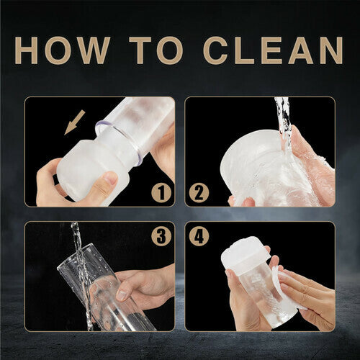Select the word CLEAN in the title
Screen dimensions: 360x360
tap(273, 50)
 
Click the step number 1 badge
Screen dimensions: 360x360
tap(161, 193)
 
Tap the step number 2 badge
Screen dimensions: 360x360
tap(199, 193)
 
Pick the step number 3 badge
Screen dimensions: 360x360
tap(161, 236)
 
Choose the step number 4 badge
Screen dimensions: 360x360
tap(199, 236)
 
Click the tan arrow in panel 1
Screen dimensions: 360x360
tap(75, 122)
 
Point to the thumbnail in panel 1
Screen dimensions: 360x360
tap(110, 179)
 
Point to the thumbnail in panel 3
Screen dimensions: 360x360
tap(122, 295)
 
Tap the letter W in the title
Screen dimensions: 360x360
tap(91, 50)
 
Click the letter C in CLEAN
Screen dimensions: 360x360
tap(217, 50)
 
